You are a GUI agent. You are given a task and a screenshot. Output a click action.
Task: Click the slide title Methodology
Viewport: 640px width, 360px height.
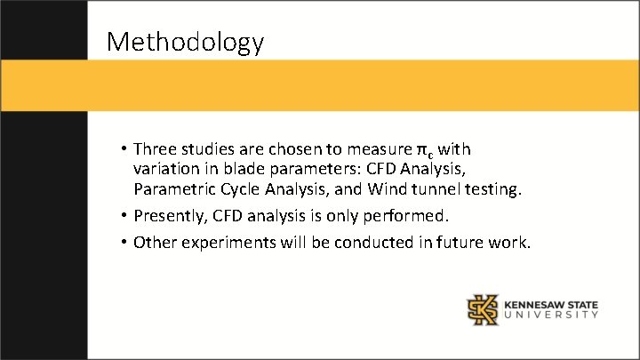[x=185, y=41]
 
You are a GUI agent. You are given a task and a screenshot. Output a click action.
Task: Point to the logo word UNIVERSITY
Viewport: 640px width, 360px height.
[x=551, y=315]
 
